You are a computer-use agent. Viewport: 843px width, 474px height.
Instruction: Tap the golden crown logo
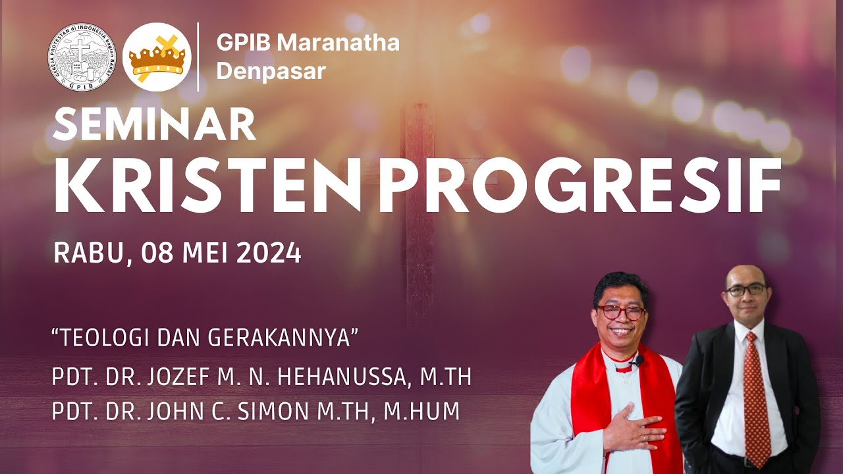pyautogui.click(x=157, y=57)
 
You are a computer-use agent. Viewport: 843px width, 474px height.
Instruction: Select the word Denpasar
pyautogui.click(x=271, y=71)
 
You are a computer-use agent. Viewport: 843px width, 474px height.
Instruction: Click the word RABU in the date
pyautogui.click(x=86, y=253)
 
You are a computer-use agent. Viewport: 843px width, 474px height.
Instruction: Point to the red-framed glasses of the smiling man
pyautogui.click(x=620, y=312)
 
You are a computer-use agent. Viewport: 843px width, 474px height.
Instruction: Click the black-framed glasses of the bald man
pyautogui.click(x=746, y=290)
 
